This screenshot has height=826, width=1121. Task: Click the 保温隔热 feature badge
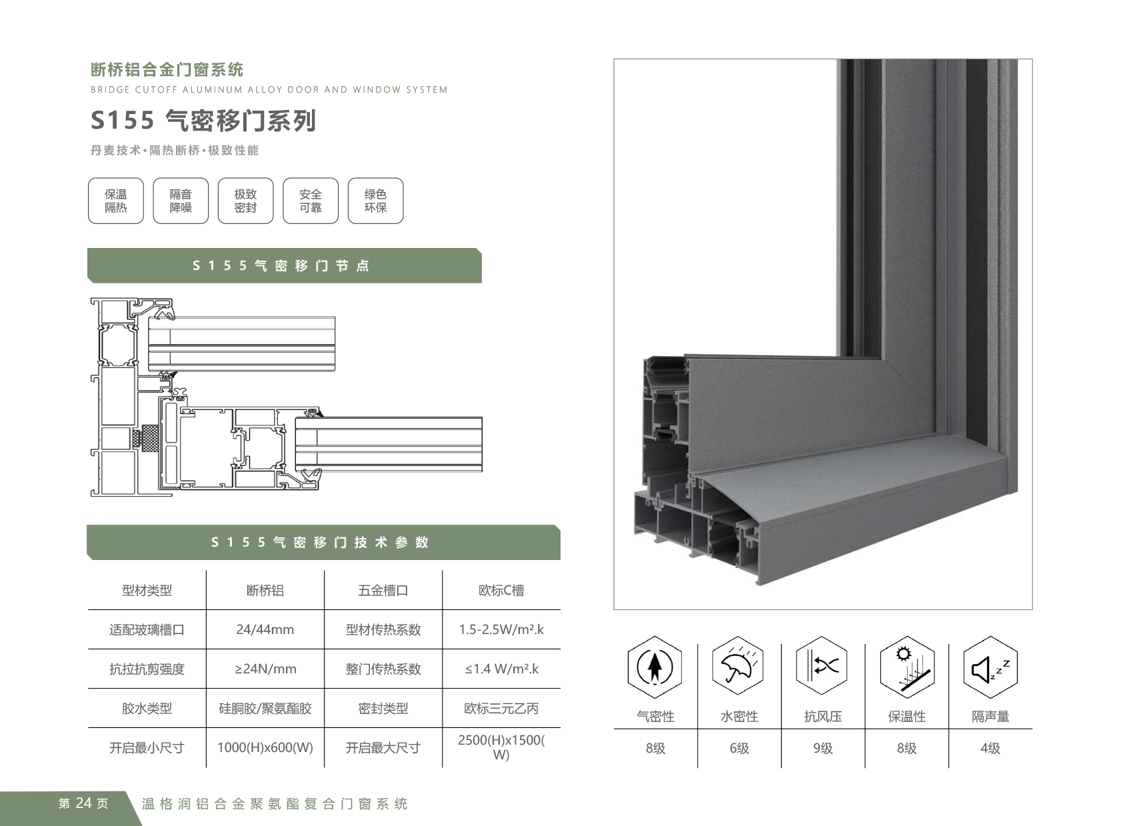coord(116,201)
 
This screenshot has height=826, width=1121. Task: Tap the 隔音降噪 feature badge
coord(181,201)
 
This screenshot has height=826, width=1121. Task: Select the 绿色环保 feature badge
coord(375,201)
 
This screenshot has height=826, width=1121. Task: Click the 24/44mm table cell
coord(265,629)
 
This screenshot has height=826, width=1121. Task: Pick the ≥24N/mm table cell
coord(265,669)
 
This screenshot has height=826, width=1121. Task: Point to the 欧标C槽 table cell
coord(501,590)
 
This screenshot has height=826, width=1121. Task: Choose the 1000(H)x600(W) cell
coord(265,747)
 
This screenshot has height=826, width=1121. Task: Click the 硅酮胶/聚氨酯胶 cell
coord(265,708)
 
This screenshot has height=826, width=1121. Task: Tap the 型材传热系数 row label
coord(383,629)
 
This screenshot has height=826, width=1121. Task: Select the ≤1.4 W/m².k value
coord(501,669)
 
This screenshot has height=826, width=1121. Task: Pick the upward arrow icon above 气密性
coord(655,667)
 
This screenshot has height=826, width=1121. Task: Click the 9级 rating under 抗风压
coord(823,748)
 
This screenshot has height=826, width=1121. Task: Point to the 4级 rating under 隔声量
coord(990,748)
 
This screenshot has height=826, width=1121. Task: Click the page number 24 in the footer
coord(84,803)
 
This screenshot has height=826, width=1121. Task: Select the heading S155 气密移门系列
coord(203,121)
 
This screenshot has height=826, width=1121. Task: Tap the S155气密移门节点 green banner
coord(284,265)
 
